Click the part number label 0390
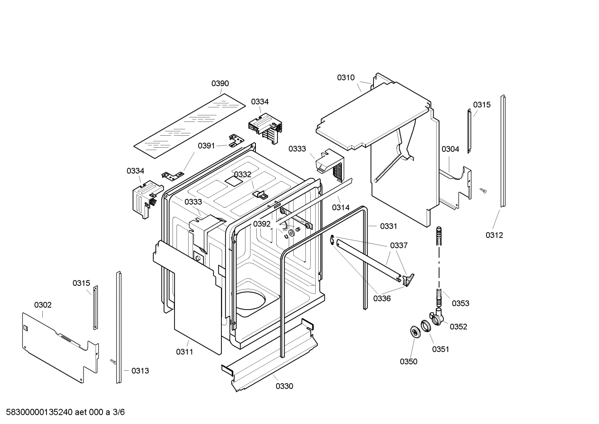click(220, 84)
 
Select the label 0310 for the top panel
click(346, 77)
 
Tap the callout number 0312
click(494, 235)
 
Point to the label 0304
click(450, 149)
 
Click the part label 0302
click(43, 305)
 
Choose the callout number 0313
click(140, 371)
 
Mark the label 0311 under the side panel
click(184, 352)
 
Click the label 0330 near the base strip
click(284, 386)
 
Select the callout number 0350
click(408, 362)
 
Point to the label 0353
click(460, 303)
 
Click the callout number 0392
click(262, 224)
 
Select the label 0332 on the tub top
click(243, 174)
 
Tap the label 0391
click(206, 146)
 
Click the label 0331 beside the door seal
click(388, 226)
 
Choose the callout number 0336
click(382, 298)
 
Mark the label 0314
click(341, 207)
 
